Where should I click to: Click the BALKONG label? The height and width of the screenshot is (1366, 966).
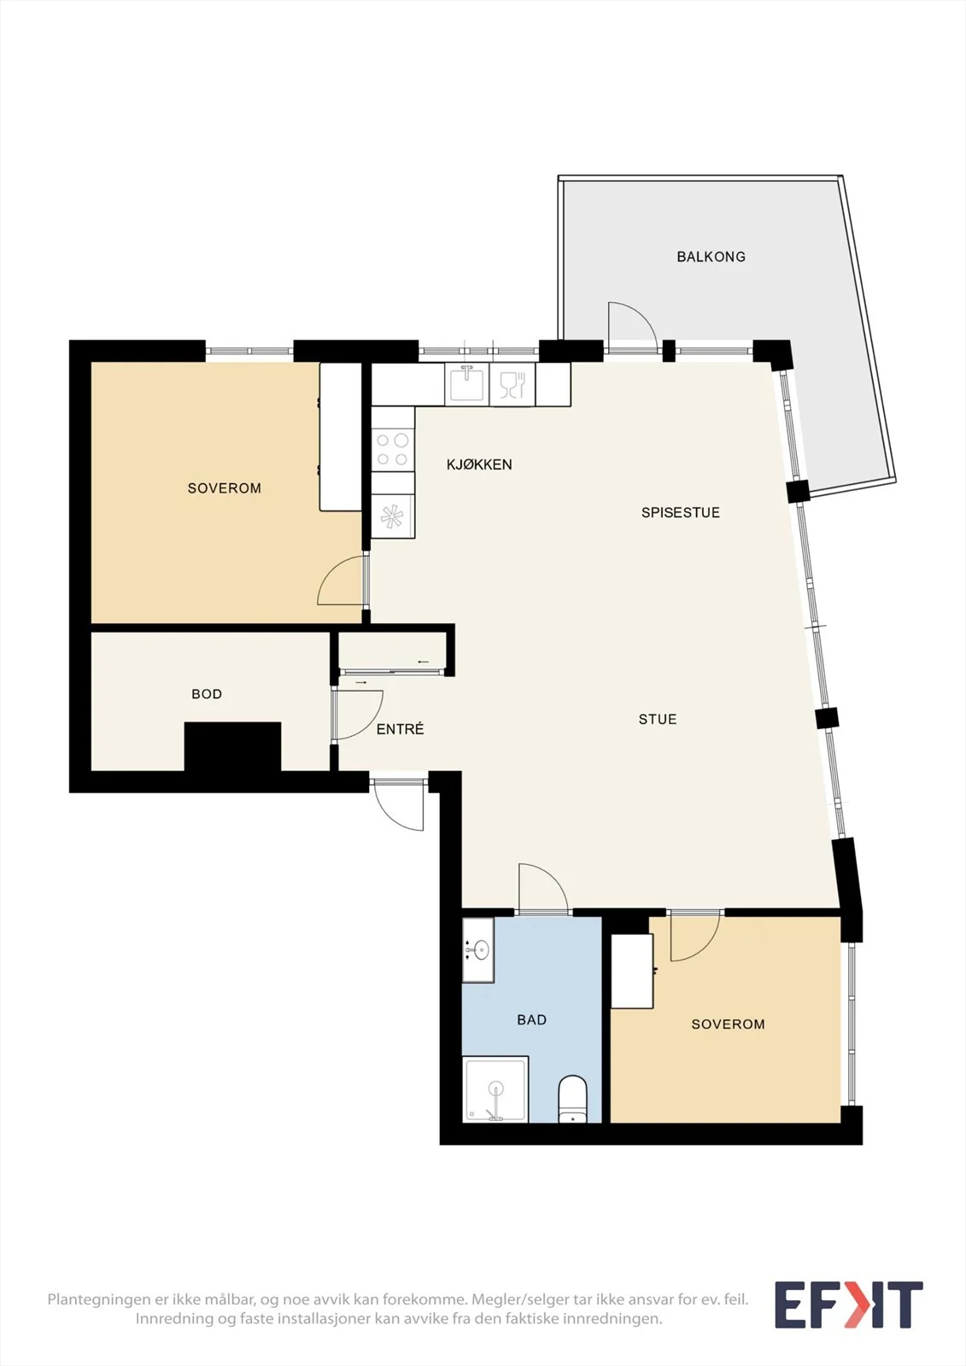[x=711, y=257]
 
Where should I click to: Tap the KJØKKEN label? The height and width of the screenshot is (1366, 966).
[x=479, y=464]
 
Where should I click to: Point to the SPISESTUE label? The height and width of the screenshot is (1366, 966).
[x=681, y=512]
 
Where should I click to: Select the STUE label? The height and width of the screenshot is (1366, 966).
[x=657, y=720]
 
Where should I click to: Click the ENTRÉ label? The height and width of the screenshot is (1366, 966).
[x=400, y=729]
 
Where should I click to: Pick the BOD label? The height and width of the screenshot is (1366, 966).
[x=207, y=694]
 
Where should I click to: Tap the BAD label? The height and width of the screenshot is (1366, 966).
[x=531, y=1019]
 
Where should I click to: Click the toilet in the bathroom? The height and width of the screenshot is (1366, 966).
[x=572, y=1099]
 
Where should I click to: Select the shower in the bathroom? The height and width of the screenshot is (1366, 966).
[x=495, y=1089]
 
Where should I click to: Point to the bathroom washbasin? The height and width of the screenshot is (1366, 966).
[x=477, y=950]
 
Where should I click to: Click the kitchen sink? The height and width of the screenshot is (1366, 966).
[x=466, y=384]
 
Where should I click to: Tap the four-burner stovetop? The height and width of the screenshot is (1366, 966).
[x=393, y=449]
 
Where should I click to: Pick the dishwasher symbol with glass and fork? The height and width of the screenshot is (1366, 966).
[x=512, y=384]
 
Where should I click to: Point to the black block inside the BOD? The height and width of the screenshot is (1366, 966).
[x=232, y=747]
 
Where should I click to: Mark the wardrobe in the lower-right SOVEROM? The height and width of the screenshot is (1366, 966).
[x=632, y=971]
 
